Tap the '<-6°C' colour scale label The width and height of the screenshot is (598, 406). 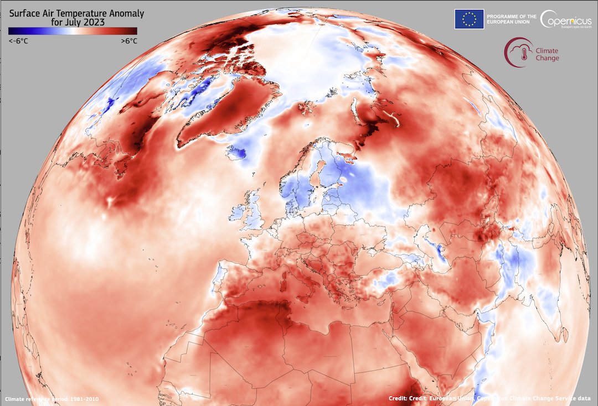(x=18, y=41)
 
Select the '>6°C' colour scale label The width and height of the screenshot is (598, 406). (x=128, y=41)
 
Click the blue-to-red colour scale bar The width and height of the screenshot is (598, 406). (x=73, y=31)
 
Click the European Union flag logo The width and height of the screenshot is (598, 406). (x=469, y=19)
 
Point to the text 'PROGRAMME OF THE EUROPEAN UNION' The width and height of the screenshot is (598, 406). (x=511, y=19)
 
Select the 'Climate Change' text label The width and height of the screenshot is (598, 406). (x=547, y=54)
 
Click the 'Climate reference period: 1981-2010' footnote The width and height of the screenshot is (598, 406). (x=52, y=399)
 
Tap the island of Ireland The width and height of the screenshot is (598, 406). (x=237, y=214)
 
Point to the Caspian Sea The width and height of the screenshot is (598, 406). (x=438, y=252)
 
